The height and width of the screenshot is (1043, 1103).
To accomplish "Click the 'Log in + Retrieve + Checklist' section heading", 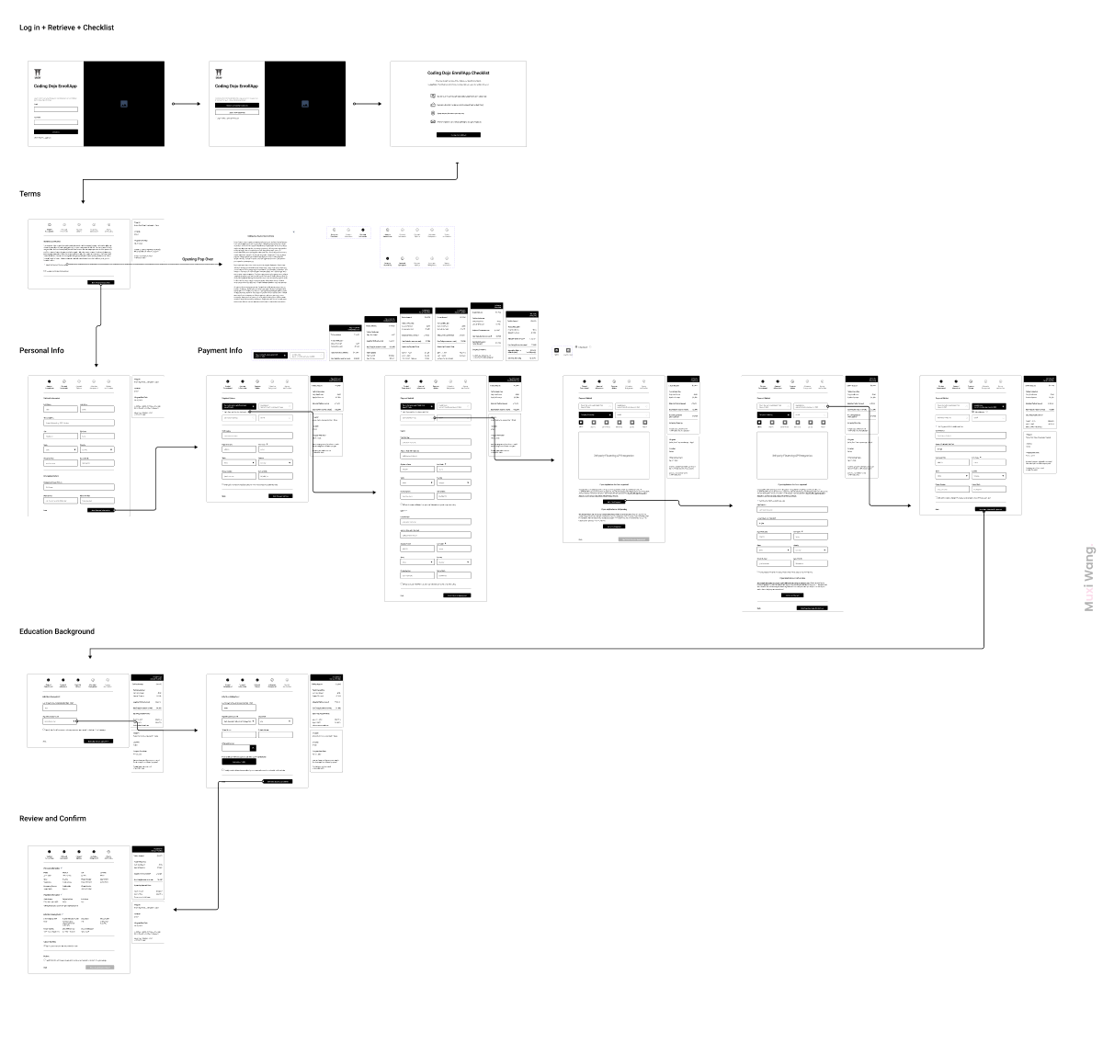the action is coord(66,28).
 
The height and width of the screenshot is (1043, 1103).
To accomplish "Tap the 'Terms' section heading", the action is coord(30,194).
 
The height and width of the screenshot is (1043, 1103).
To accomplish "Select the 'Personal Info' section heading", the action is coord(41,350).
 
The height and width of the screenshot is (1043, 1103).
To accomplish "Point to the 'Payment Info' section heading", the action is coord(220,350).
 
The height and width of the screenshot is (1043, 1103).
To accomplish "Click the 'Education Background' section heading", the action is coord(57,631).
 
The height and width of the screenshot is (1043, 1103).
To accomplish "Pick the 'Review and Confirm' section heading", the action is coord(52,818).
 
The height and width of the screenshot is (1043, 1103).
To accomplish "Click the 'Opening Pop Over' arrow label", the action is coord(198,259).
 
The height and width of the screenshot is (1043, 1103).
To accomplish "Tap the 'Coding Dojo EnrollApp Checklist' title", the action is coord(458,73).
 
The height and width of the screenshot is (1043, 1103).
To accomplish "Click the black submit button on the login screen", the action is coord(55,132).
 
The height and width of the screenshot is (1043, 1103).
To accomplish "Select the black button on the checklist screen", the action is coord(458,135).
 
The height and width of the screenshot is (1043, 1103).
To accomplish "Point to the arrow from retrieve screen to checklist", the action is coord(368,104).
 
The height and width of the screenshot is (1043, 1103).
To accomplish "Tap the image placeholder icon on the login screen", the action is coord(124,104).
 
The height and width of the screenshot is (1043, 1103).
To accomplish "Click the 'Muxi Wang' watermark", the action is coord(1089,579).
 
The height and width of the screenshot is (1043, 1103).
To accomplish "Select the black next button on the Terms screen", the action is coord(101,282).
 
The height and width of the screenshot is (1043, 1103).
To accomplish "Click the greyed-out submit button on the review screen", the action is coord(99,967).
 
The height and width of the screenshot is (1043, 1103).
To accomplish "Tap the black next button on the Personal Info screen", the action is coord(101,509).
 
